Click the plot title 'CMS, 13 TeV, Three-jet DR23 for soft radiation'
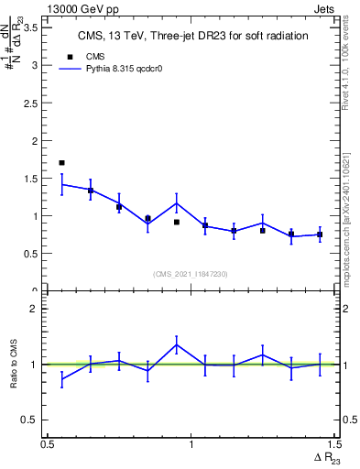click(x=191, y=36)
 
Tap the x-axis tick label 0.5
click(x=48, y=444)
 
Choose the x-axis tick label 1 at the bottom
click(x=191, y=444)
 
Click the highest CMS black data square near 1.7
click(x=61, y=162)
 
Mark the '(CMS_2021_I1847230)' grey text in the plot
click(x=191, y=273)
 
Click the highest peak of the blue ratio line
click(x=176, y=344)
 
